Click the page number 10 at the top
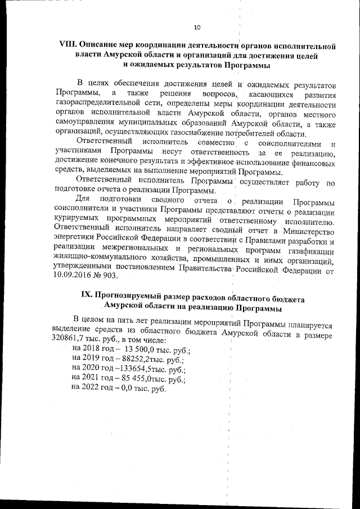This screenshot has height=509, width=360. pos(196,26)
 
